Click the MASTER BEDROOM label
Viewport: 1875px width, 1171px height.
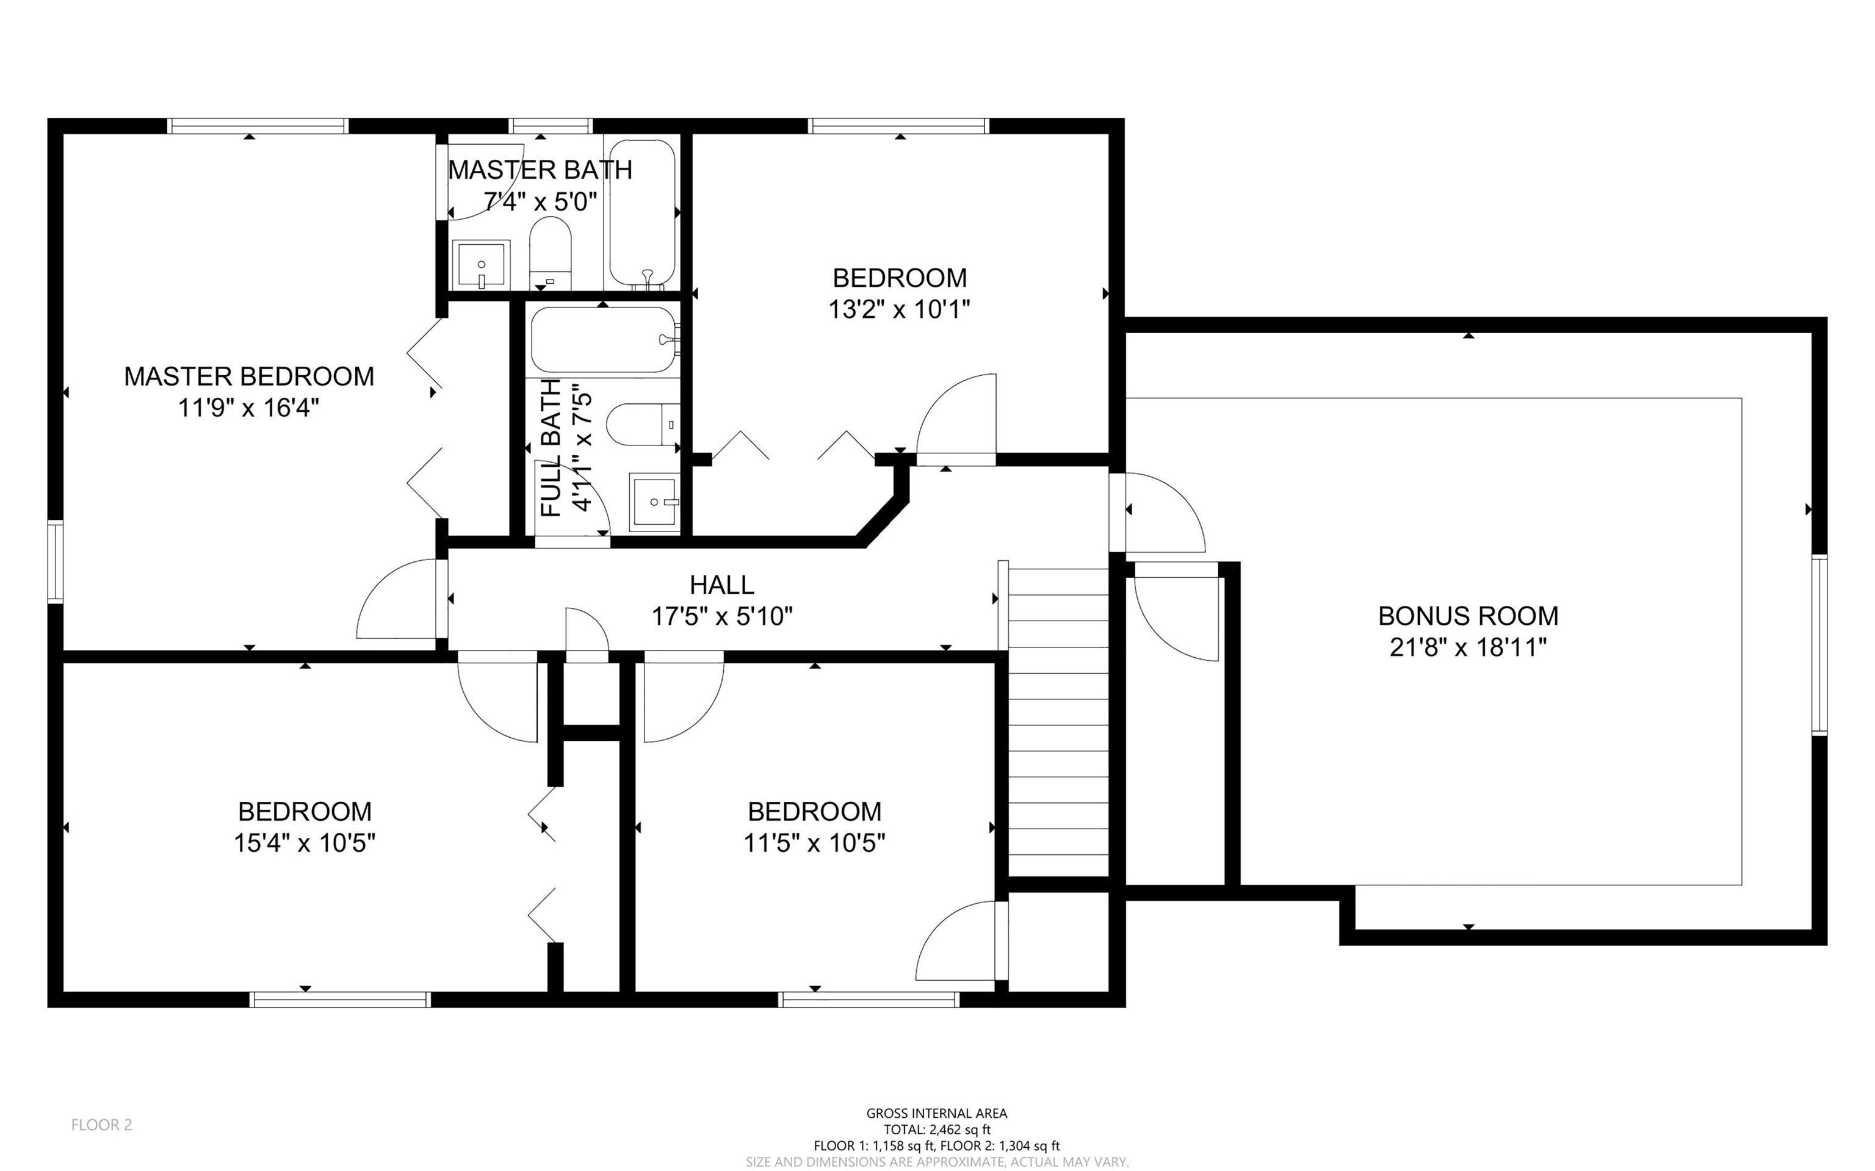(x=248, y=377)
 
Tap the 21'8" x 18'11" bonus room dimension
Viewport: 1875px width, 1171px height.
(x=1468, y=647)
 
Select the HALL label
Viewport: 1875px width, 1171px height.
(x=722, y=585)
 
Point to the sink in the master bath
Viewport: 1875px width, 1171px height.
(x=481, y=264)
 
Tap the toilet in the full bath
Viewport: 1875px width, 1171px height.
(x=642, y=425)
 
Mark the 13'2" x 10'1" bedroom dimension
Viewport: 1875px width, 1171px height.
(x=899, y=310)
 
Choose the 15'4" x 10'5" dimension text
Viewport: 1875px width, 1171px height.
(x=305, y=843)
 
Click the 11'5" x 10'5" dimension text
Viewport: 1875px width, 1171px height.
(x=814, y=843)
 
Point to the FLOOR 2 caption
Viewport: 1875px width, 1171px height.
(x=101, y=1125)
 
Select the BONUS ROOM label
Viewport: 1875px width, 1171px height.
(x=1468, y=616)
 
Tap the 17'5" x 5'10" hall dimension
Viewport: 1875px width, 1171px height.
(x=722, y=616)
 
